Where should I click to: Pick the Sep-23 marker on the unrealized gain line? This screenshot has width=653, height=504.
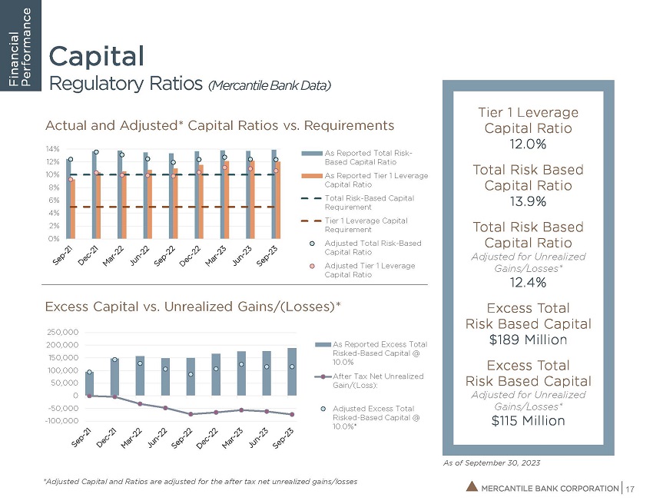point(292,415)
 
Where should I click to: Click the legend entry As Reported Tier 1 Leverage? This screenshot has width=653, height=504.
point(376,181)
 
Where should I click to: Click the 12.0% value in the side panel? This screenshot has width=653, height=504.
point(526,144)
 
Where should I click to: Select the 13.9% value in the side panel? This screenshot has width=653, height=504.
point(526,202)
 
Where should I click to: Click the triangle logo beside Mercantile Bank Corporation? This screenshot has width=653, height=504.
point(472,486)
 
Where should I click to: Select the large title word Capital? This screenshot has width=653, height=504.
point(96,56)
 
